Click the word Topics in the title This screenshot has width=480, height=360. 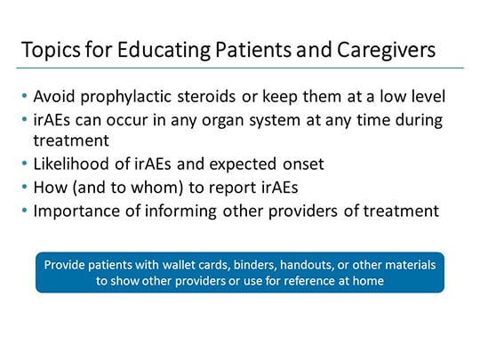point(51,50)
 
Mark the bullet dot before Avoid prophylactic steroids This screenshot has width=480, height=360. point(25,95)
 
